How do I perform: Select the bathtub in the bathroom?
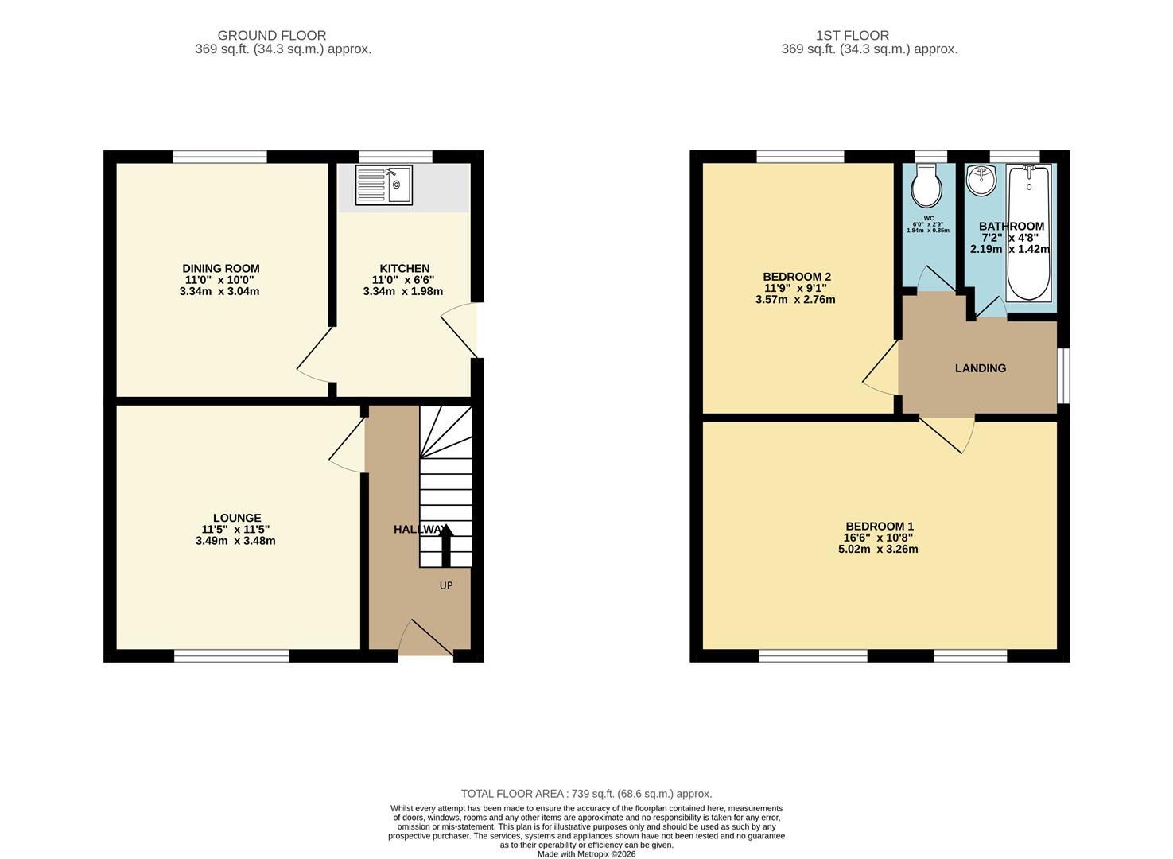1028,232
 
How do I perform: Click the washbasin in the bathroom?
981,180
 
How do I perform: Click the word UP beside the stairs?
446,585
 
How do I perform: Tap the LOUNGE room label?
236,518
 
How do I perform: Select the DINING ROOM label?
220,269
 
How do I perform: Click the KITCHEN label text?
404,269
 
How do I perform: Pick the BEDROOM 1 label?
879,526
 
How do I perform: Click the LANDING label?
980,368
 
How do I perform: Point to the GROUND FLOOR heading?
271,36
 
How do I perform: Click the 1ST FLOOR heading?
852,36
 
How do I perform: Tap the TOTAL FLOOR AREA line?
586,794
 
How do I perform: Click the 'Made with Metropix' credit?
586,854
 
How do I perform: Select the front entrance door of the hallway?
425,640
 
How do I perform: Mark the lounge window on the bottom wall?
231,656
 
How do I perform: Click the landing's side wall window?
1063,375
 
